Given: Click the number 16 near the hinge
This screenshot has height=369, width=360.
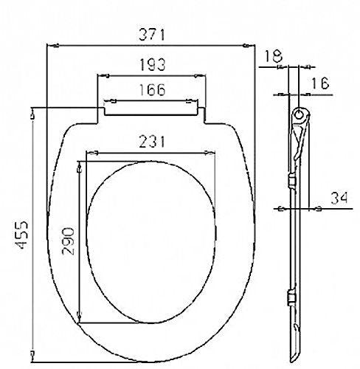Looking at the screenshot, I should point(319,84).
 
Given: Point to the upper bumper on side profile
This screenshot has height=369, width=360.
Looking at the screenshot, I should point(294,181).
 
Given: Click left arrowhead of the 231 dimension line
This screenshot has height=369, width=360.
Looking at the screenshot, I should point(89,154).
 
